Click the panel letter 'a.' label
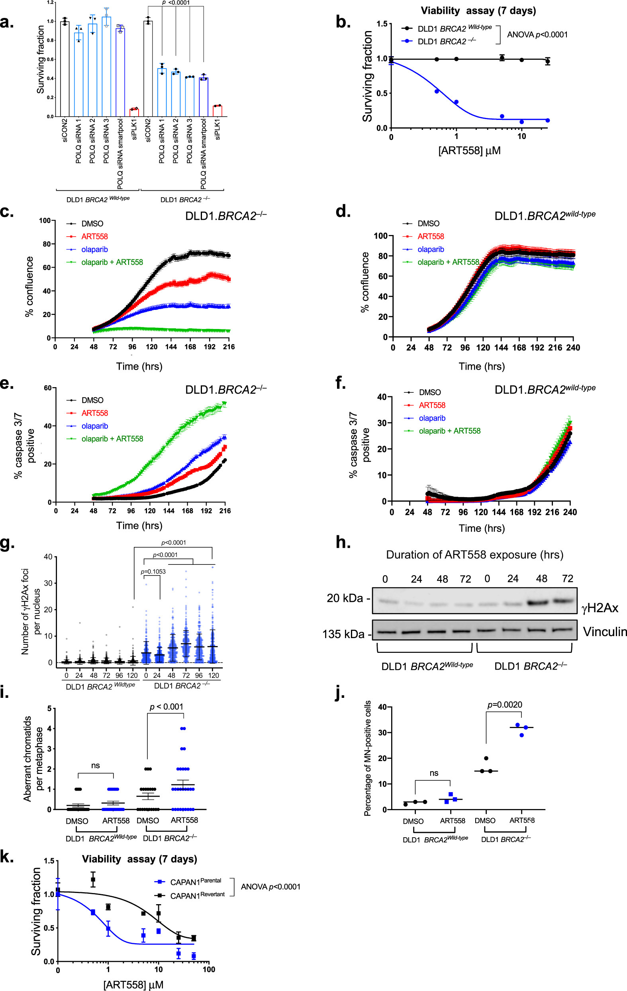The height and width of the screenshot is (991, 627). click(7, 23)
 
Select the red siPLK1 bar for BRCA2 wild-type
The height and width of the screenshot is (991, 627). click(134, 112)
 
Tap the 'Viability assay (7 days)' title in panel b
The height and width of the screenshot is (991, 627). click(478, 11)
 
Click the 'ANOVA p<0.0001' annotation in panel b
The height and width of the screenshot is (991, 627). click(537, 35)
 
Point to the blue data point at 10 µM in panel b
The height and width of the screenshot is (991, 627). click(521, 122)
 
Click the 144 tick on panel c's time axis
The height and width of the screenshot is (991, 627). click(171, 347)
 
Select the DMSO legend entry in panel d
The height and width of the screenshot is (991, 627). click(428, 223)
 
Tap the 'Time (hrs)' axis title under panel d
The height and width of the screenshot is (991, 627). click(482, 366)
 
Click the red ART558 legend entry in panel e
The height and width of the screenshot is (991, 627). click(94, 413)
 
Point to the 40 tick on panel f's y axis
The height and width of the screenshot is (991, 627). click(382, 397)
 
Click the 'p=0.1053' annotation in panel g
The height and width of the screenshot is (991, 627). click(153, 572)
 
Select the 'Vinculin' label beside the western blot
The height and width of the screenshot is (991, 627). click(604, 632)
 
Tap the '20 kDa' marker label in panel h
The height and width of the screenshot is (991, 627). click(345, 598)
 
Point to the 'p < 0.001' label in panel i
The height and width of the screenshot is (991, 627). click(167, 707)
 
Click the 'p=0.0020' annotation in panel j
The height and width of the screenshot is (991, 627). click(505, 705)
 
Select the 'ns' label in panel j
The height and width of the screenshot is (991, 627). click(434, 773)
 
